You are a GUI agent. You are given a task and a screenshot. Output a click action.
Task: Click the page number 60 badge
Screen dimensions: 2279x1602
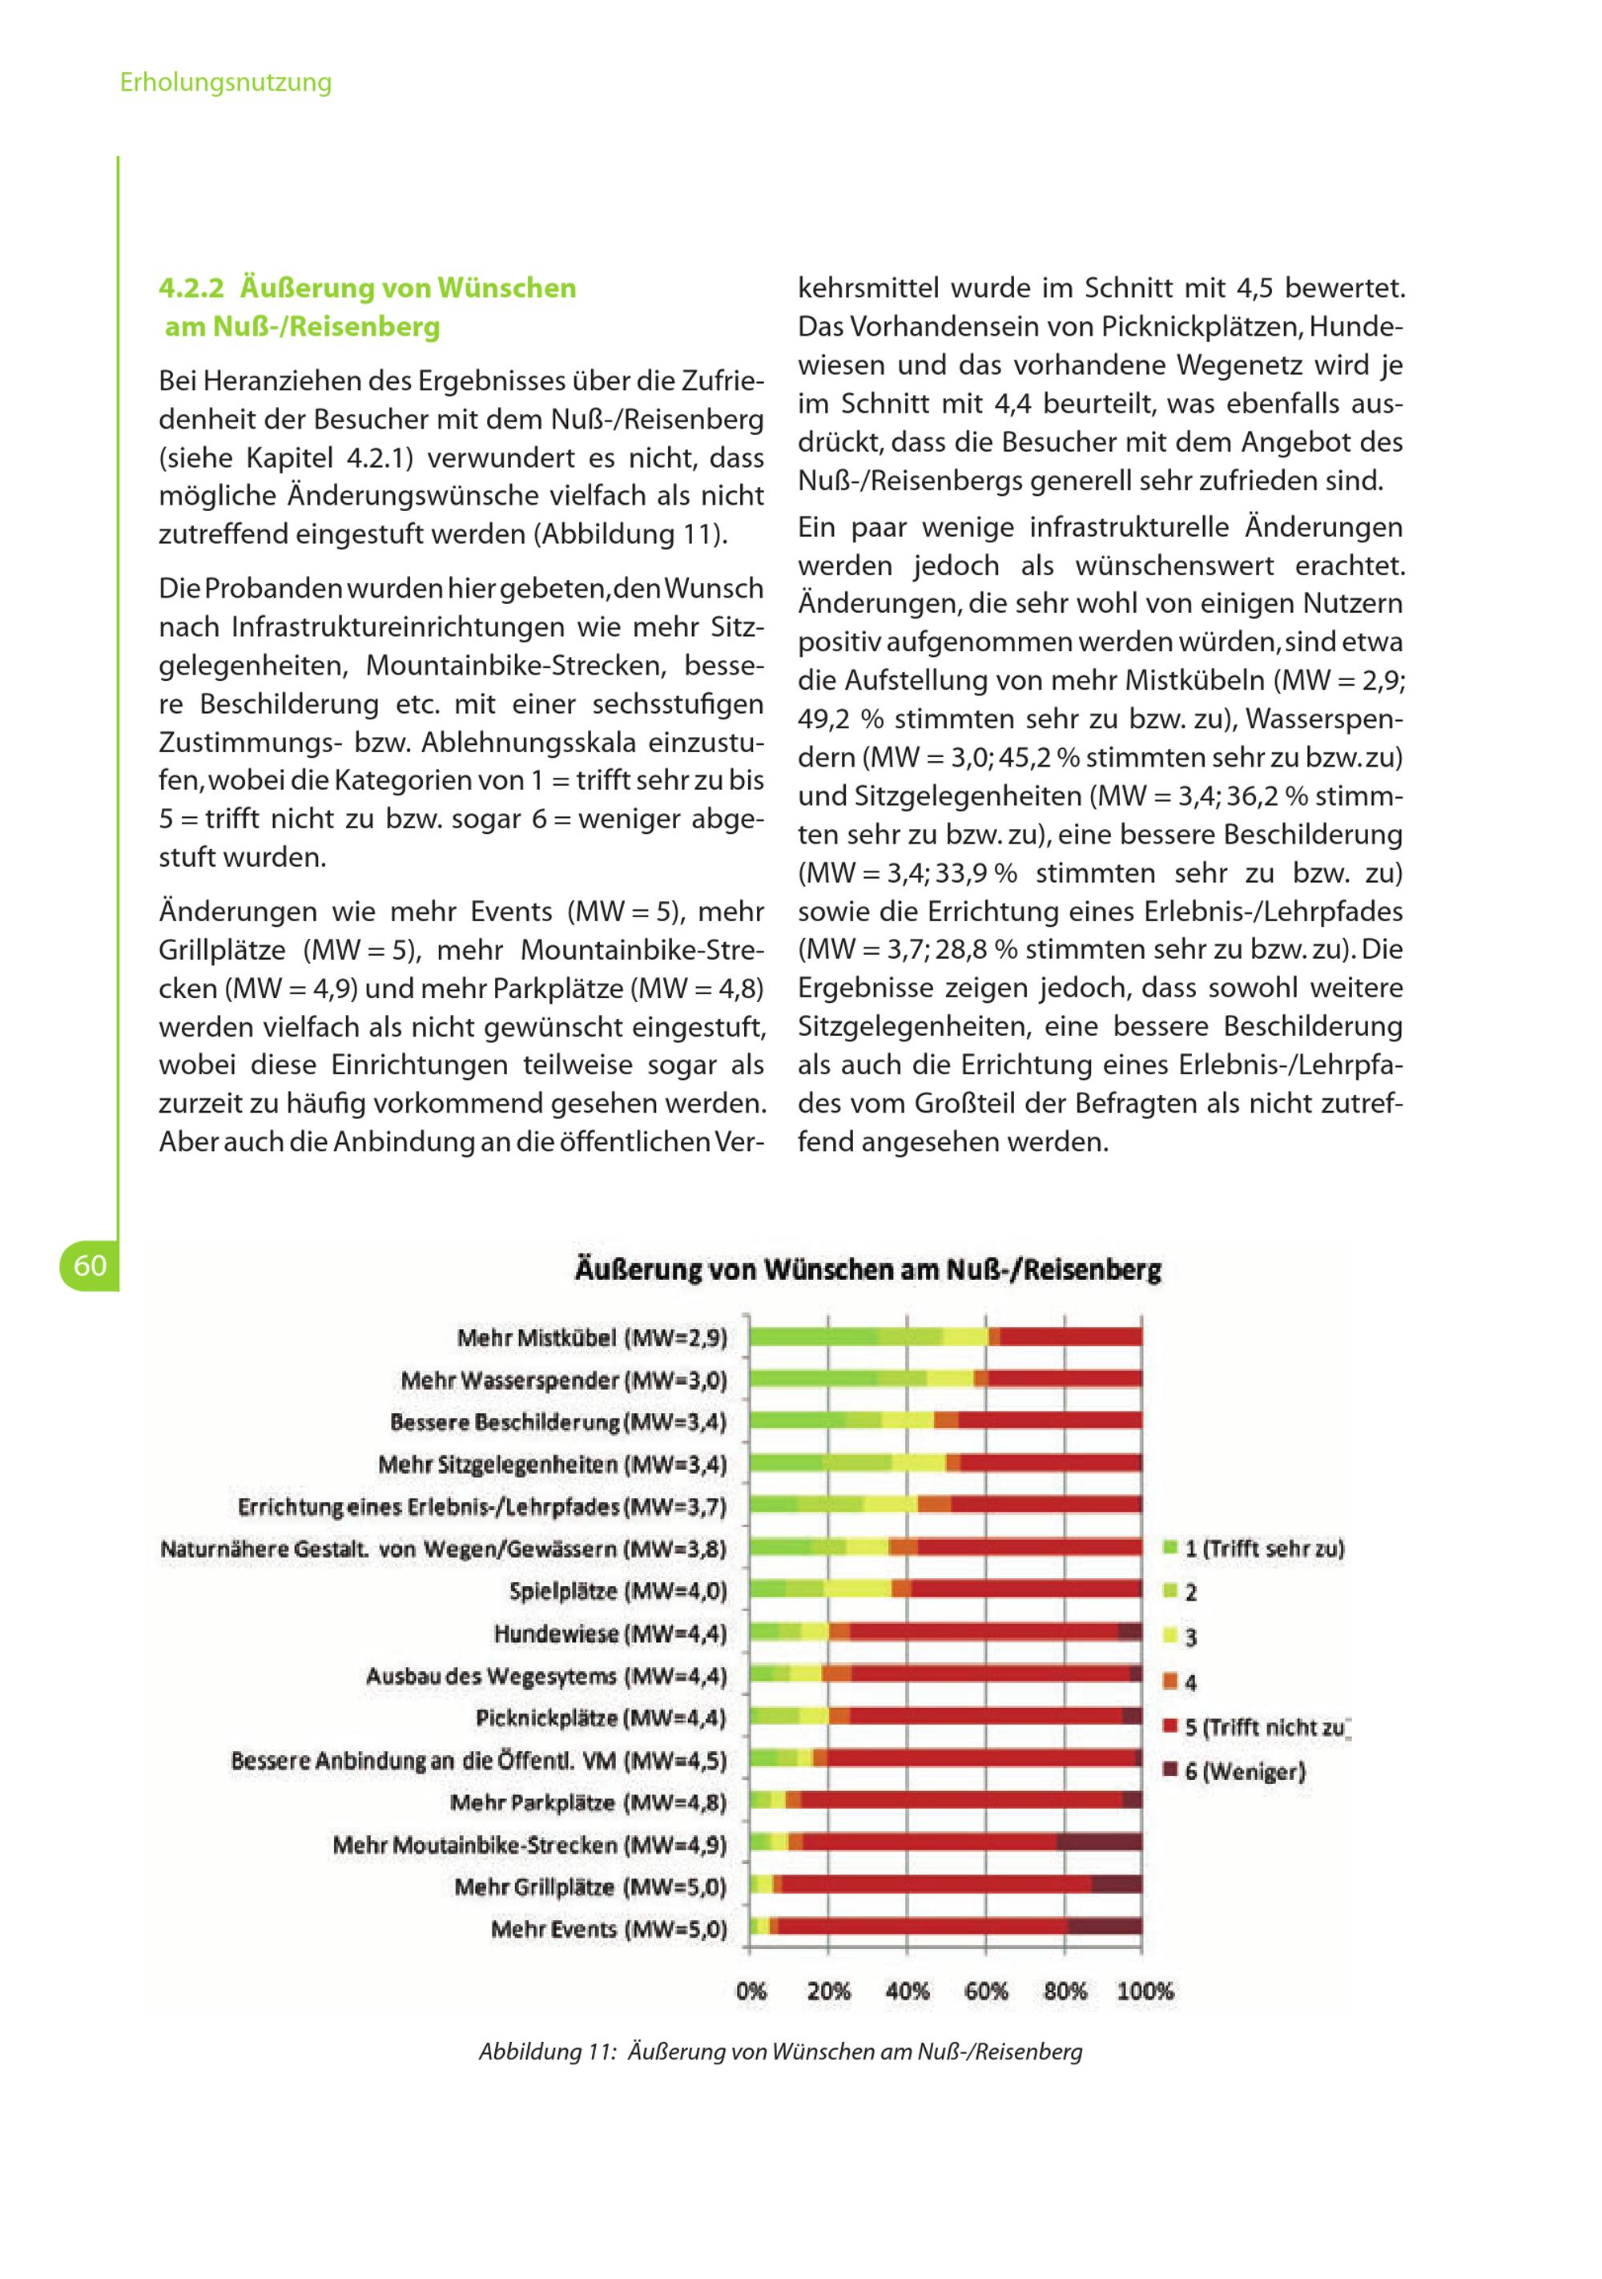pyautogui.click(x=90, y=1266)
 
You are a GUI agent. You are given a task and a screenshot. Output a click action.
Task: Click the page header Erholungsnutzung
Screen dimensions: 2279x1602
pyautogui.click(x=225, y=83)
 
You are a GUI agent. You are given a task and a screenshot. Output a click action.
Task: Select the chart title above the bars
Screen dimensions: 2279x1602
pyautogui.click(x=867, y=1270)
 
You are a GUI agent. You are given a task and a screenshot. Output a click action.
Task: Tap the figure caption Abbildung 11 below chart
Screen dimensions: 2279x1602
pyautogui.click(x=780, y=2052)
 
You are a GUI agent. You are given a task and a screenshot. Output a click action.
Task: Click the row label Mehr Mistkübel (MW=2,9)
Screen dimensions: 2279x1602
pyautogui.click(x=592, y=1338)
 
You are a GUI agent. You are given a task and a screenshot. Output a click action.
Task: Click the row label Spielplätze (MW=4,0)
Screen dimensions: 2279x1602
pyautogui.click(x=618, y=1591)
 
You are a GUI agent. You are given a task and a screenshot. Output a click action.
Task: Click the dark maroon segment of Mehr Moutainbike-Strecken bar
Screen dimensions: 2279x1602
pyautogui.click(x=1099, y=1842)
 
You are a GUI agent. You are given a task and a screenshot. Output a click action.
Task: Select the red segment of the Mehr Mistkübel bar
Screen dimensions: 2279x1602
pyautogui.click(x=1070, y=1337)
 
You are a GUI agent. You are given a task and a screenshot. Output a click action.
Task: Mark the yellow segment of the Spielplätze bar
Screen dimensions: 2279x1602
pyautogui.click(x=856, y=1589)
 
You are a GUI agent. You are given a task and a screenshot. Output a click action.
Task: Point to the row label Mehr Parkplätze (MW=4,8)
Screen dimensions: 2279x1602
pyautogui.click(x=588, y=1802)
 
